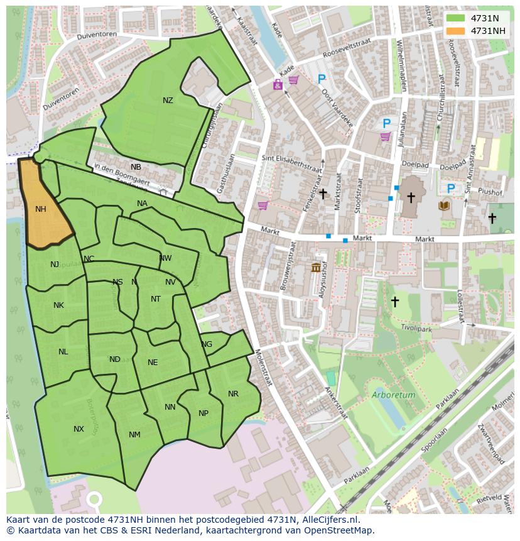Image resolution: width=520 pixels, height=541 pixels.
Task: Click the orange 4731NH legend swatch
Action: point(457,31)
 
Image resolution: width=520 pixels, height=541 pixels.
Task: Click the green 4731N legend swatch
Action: point(457,18)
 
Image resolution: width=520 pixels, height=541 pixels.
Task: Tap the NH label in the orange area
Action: point(41,209)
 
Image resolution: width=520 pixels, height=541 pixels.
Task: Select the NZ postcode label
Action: point(168,101)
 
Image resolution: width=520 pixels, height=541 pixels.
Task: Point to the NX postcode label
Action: point(79,429)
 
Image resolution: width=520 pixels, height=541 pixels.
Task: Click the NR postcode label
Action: point(233,394)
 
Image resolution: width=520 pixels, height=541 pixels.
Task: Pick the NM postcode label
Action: point(134,435)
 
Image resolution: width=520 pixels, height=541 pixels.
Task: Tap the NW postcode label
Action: point(165,258)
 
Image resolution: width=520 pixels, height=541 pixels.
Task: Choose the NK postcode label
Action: point(58,305)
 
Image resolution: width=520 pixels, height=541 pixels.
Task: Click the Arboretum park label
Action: point(393,395)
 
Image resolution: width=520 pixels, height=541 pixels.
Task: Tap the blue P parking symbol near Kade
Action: point(322,79)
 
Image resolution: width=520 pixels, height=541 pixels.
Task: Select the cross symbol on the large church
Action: point(411,197)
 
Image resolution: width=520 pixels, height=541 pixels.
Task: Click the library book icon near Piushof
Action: point(445,205)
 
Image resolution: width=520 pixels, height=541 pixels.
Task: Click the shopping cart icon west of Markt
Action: point(263,205)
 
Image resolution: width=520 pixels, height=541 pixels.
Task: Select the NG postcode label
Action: point(207,344)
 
